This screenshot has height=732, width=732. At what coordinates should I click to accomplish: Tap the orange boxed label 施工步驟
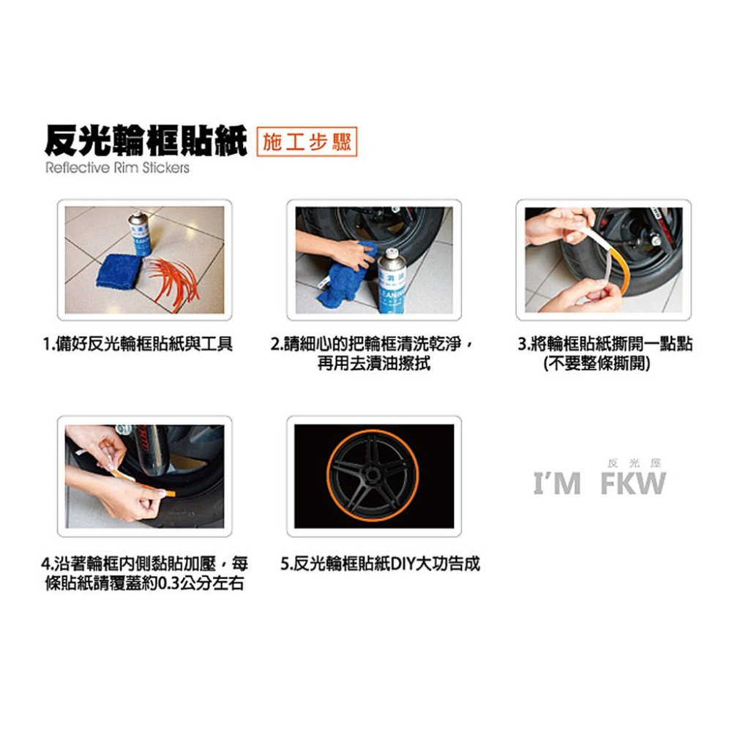(x=307, y=141)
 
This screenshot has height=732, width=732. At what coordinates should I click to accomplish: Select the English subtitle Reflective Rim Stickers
(x=117, y=168)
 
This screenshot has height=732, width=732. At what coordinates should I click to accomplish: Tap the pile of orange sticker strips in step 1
(x=176, y=278)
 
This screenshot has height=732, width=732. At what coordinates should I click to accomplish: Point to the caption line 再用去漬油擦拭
(x=373, y=364)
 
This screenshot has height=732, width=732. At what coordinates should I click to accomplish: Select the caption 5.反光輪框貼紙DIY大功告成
(x=381, y=564)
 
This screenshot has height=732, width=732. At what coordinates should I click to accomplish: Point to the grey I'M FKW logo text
(x=599, y=484)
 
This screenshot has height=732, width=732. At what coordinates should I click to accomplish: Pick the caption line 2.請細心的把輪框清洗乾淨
(x=370, y=344)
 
